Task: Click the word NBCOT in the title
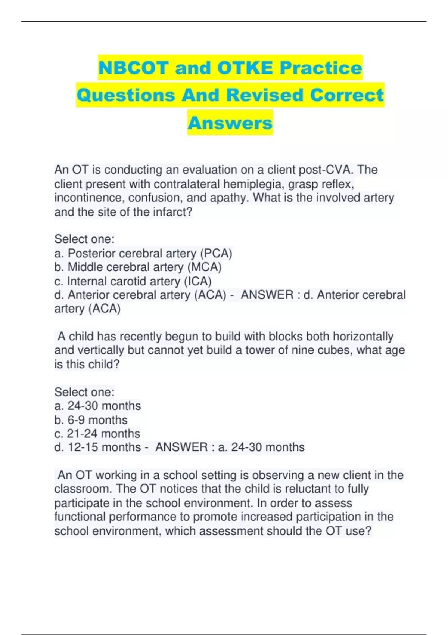133,68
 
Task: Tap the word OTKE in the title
245,68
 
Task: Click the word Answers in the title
230,123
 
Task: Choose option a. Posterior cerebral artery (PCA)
143,254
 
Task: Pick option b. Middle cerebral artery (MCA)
138,267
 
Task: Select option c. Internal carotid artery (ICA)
133,281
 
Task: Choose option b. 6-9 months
91,420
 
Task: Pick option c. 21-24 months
97,434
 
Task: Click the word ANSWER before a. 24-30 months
181,447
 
